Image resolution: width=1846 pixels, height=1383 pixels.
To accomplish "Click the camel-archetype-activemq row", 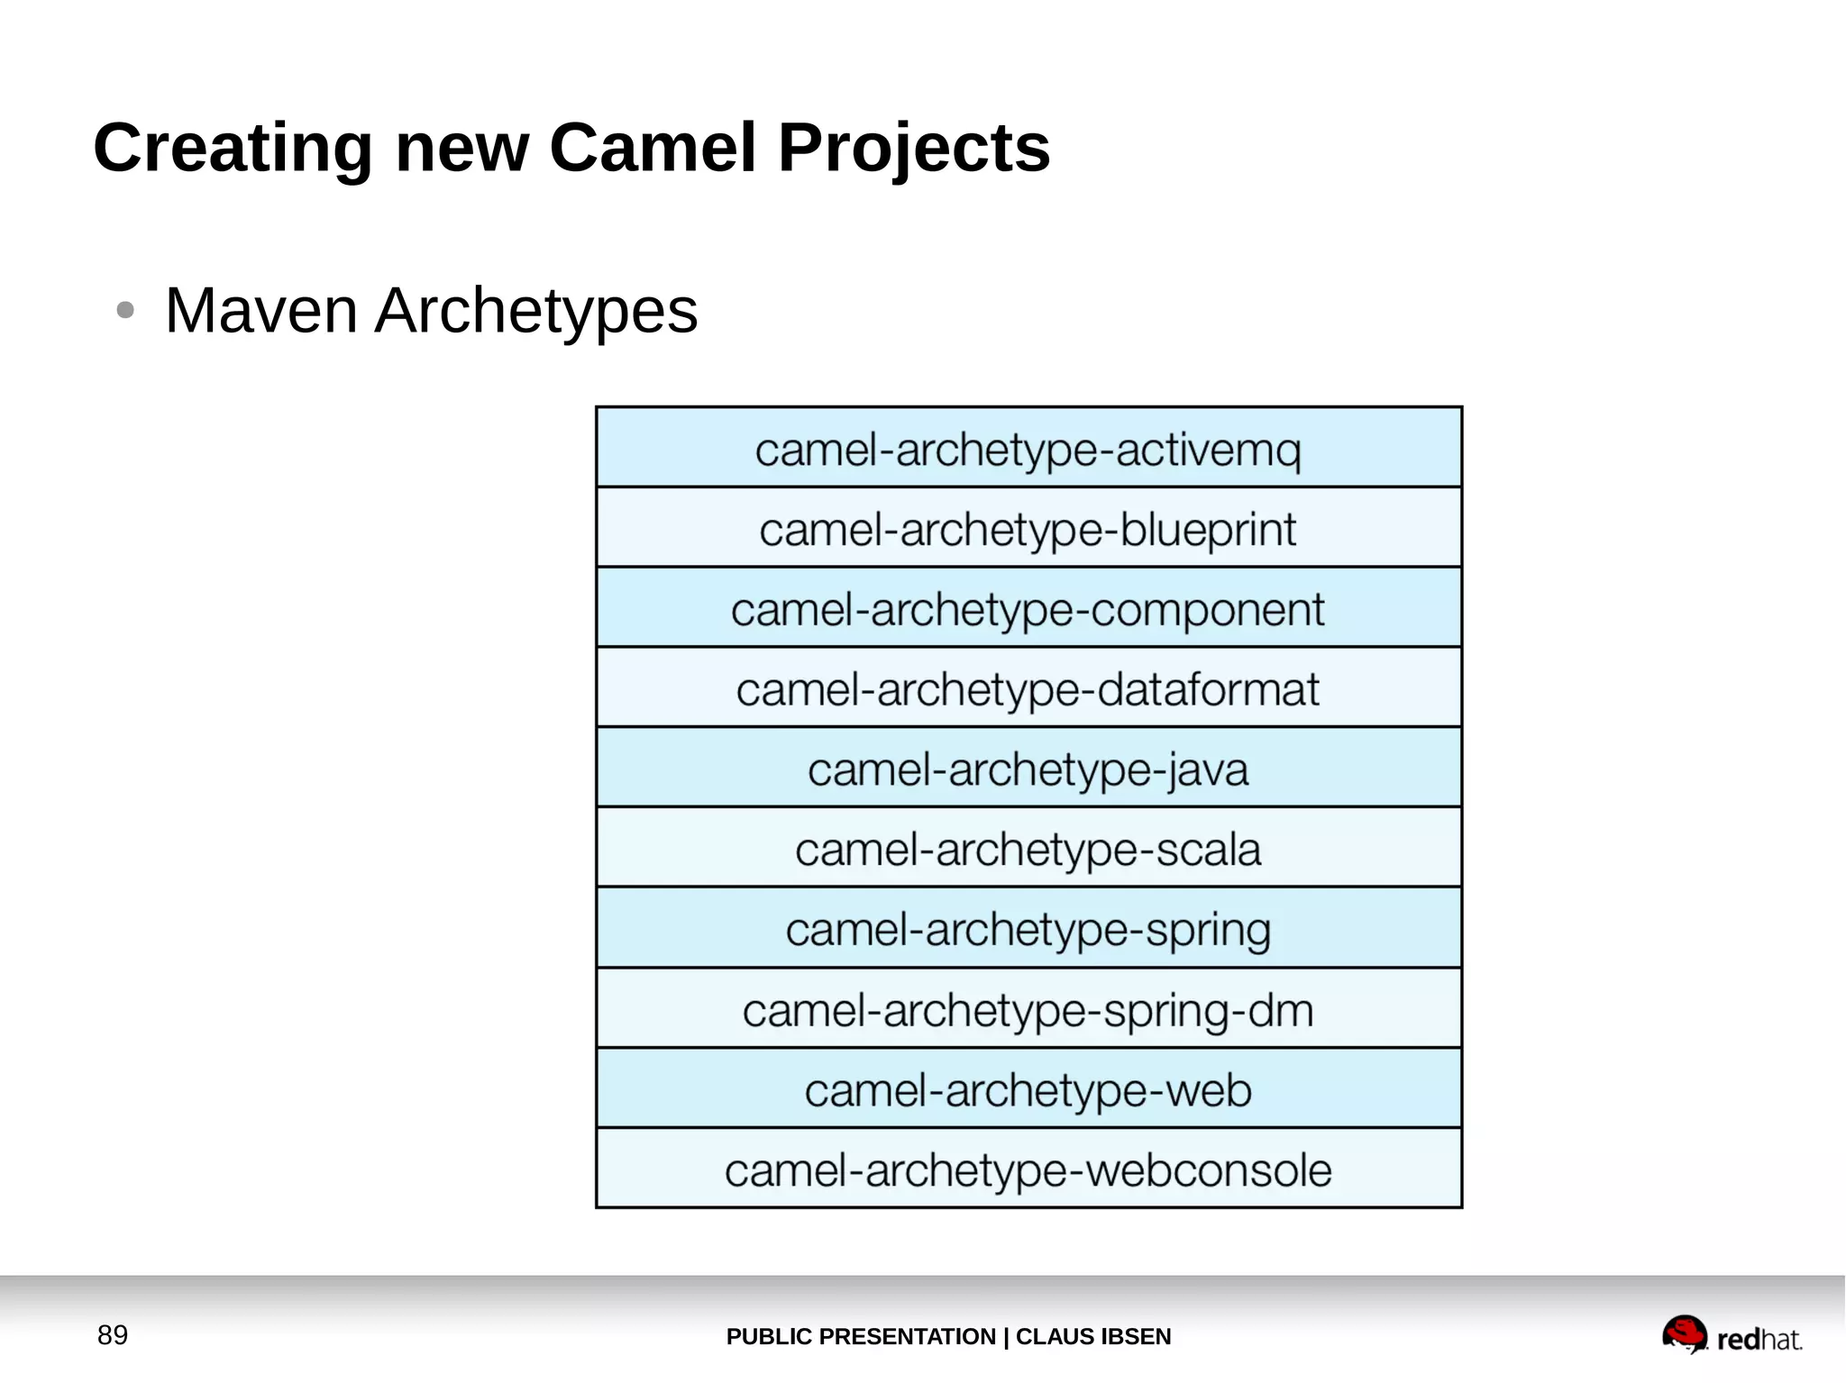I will pyautogui.click(x=1028, y=449).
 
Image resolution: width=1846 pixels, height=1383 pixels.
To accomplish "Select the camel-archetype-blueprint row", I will pyautogui.click(x=1028, y=529).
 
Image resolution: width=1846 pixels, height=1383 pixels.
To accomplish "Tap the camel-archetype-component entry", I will pyautogui.click(x=1028, y=609).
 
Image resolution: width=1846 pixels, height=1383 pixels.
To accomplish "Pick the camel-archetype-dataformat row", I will pyautogui.click(x=1028, y=689).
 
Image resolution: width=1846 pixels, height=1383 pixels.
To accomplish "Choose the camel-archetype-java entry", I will pyautogui.click(x=1028, y=769).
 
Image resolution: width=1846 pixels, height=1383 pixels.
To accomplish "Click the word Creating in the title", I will pyautogui.click(x=233, y=148).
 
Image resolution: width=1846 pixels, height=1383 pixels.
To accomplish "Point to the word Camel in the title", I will pyautogui.click(x=652, y=148).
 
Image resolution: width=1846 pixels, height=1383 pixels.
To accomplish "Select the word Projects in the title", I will pyautogui.click(x=913, y=148).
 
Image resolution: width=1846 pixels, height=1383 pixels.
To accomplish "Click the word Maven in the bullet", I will pyautogui.click(x=261, y=311).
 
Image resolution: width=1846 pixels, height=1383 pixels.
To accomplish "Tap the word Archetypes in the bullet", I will pyautogui.click(x=536, y=311).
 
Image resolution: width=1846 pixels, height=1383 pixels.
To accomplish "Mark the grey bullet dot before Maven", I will pyautogui.click(x=125, y=311).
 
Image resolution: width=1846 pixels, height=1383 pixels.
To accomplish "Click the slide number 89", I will pyautogui.click(x=113, y=1335).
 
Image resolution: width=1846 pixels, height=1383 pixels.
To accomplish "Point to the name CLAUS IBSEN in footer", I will pyautogui.click(x=1093, y=1337).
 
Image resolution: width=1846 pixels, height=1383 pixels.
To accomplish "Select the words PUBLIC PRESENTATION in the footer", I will pyautogui.click(x=860, y=1337).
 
